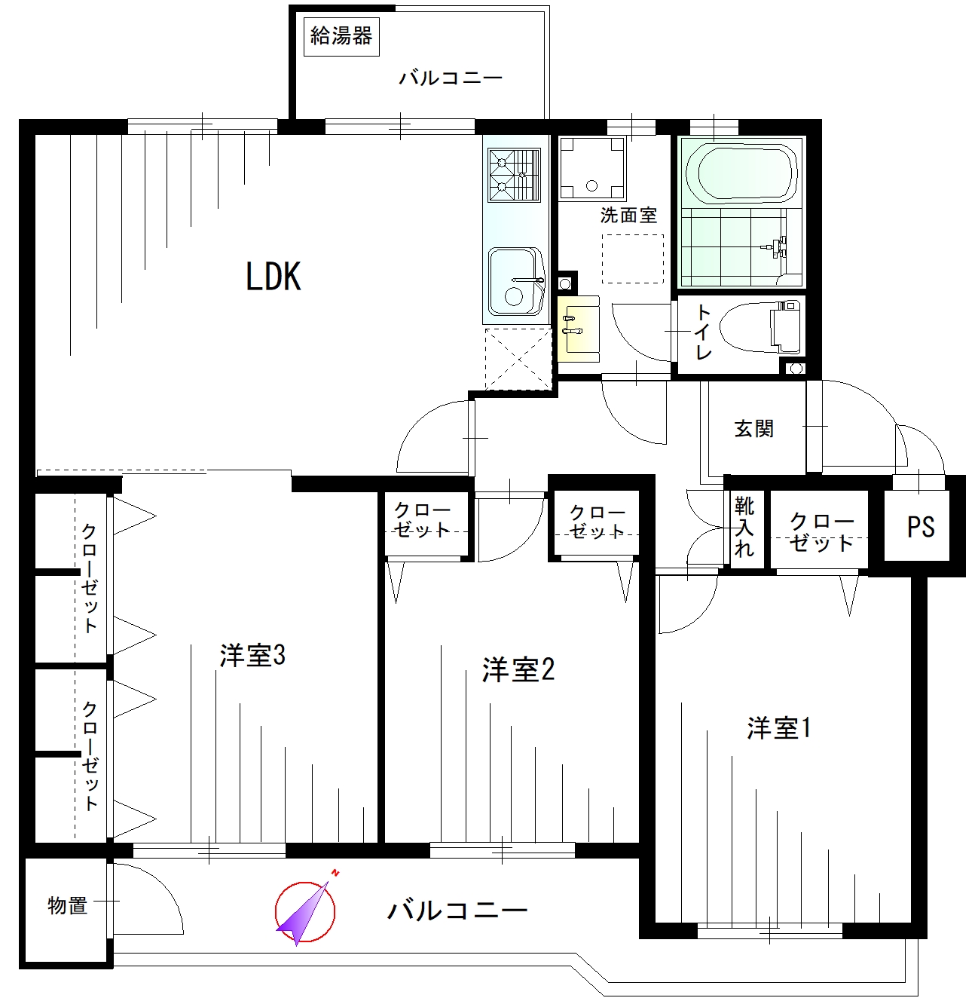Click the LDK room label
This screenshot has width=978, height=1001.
click(273, 277)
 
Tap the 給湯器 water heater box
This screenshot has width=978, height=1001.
click(341, 36)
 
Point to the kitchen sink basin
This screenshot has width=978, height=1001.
click(515, 281)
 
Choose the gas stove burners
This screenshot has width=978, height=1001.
click(514, 175)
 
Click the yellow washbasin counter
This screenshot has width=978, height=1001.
click(579, 328)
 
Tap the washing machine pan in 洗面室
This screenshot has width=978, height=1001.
click(591, 168)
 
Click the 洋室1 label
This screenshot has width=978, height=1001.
click(779, 728)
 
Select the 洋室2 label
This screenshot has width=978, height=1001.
click(518, 670)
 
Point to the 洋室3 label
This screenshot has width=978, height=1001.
click(252, 656)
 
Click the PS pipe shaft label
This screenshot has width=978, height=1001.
click(921, 527)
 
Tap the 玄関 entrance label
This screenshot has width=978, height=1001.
click(753, 428)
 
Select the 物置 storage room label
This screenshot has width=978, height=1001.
click(67, 906)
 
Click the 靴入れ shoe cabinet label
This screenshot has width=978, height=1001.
click(744, 527)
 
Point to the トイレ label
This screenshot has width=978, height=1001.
click(703, 332)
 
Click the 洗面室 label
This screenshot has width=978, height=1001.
click(629, 215)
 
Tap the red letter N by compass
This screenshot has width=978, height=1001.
click(335, 873)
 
